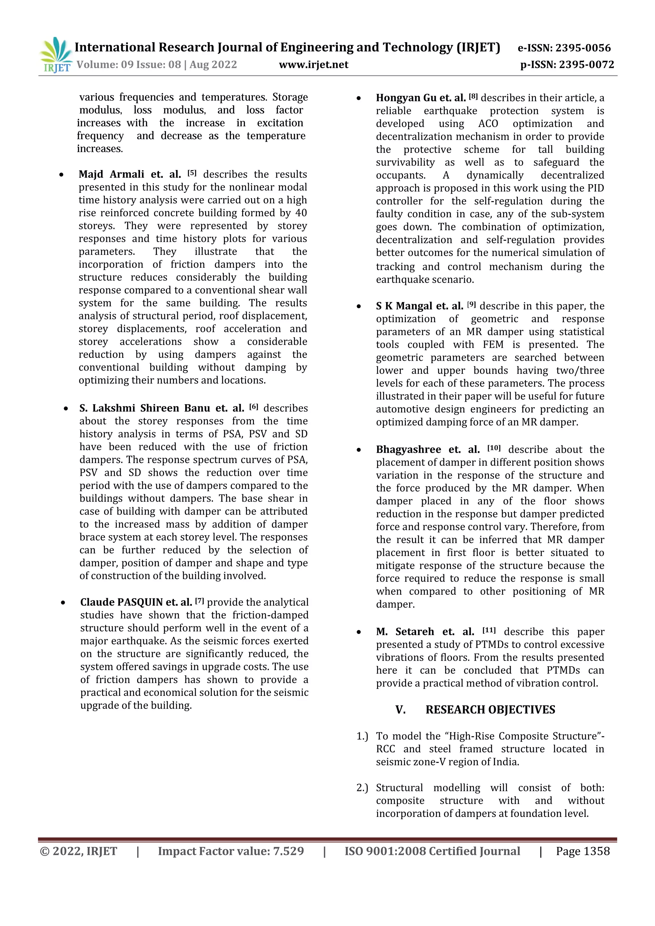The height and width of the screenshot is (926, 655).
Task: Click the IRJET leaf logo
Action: click(x=56, y=54)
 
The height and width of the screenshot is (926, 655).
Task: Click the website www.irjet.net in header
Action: click(x=313, y=65)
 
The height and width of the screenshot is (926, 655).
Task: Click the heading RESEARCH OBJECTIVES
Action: click(x=490, y=710)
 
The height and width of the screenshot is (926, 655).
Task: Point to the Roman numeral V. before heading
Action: click(x=400, y=710)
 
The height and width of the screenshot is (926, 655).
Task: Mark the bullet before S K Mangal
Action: click(x=359, y=307)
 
